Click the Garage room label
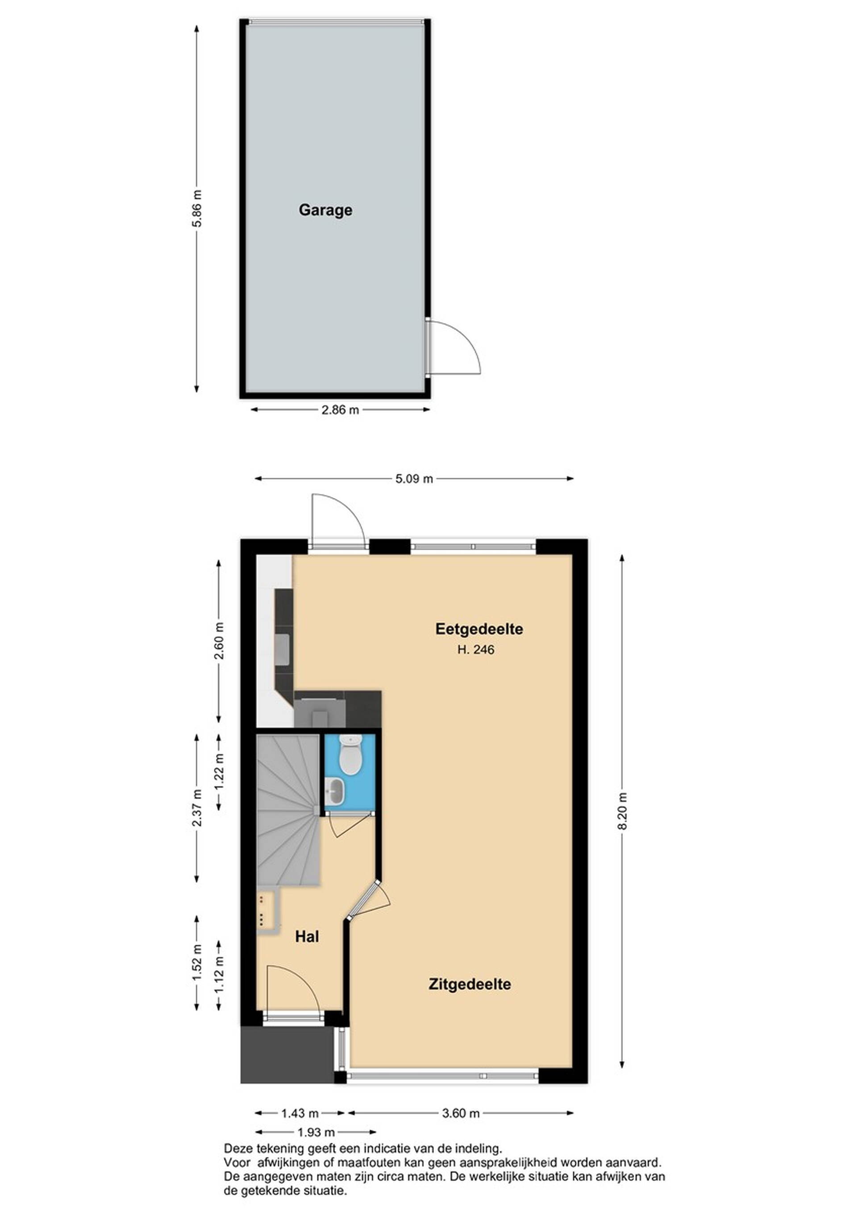pos(325,210)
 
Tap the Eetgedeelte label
pos(479,629)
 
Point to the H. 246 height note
pos(476,649)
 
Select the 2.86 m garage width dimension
pos(340,410)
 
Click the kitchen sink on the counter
pos(282,650)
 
